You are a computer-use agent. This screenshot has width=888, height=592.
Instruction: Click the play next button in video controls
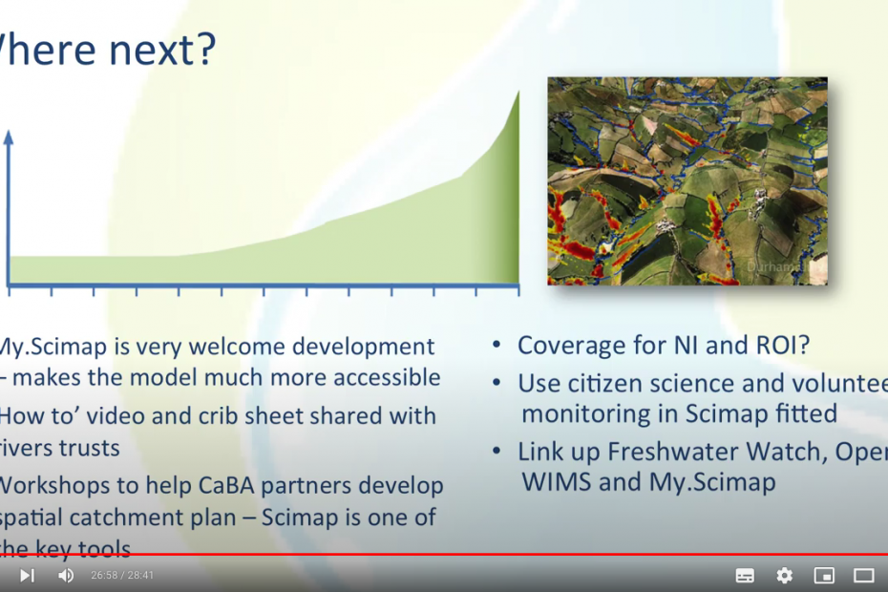pos(27,575)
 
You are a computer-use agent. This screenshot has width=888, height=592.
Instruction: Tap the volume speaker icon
pos(66,575)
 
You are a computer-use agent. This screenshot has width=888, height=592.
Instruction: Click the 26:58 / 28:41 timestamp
pos(122,576)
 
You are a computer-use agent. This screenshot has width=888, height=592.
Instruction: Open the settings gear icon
pos(784,575)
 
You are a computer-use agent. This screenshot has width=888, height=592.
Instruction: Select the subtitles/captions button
pos(745,575)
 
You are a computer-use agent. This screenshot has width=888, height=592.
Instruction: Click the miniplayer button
pos(823,575)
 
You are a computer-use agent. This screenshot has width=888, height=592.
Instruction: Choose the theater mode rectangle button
pos(863,575)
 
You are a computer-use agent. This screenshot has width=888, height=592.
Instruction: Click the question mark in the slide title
pos(204,51)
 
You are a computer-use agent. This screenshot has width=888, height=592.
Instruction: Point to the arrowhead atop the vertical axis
pos(9,137)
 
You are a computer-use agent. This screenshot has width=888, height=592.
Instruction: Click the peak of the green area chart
pos(518,94)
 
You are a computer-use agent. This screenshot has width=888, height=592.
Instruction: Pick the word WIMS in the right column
pos(556,481)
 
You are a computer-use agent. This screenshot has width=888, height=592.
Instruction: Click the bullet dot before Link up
pos(497,451)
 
